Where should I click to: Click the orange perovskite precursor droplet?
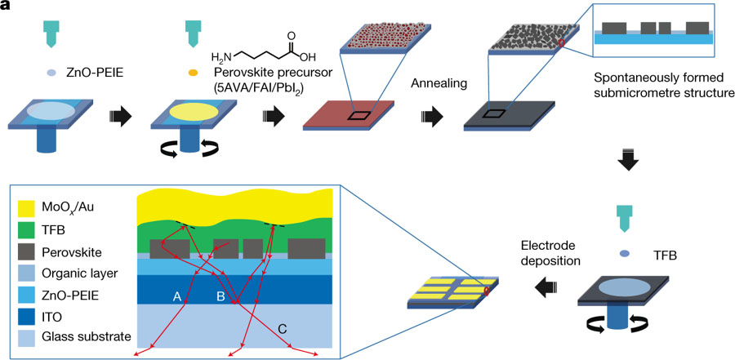pyautogui.click(x=193, y=72)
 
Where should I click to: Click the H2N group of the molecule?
pyautogui.click(x=223, y=58)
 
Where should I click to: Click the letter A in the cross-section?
pyautogui.click(x=176, y=298)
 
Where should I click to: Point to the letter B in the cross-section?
pyautogui.click(x=220, y=298)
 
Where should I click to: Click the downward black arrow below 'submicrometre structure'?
pyautogui.click(x=626, y=162)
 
